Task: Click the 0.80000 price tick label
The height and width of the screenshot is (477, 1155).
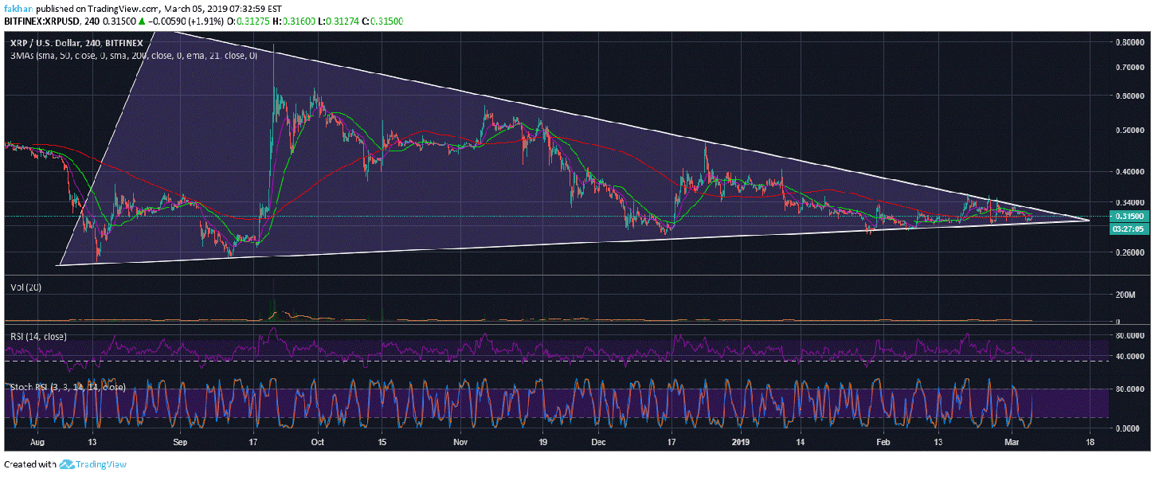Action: click(x=1130, y=42)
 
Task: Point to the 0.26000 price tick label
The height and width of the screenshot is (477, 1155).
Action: click(x=1130, y=252)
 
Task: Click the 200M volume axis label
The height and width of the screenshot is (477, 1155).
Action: click(x=1125, y=295)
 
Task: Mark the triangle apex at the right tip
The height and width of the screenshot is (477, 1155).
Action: click(x=1090, y=220)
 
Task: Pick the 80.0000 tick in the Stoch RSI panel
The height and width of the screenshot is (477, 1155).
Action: click(x=1130, y=389)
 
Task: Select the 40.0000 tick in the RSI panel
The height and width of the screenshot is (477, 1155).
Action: click(x=1130, y=355)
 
